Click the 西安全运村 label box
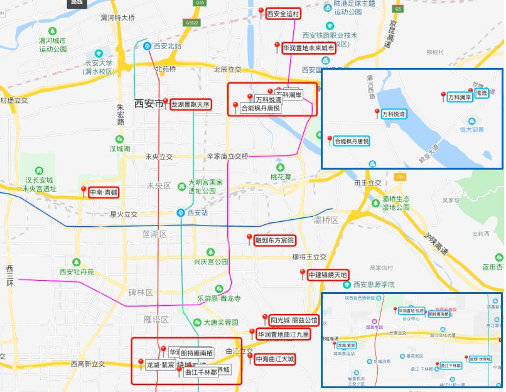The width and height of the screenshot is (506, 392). (x=284, y=13)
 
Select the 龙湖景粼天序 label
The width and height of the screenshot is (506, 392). (x=191, y=105)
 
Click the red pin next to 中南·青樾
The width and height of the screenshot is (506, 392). (x=83, y=190)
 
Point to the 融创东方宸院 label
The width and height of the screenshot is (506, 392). (x=274, y=240)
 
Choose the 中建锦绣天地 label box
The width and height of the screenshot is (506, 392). (x=327, y=275)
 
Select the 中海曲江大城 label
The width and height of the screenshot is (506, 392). (x=274, y=360)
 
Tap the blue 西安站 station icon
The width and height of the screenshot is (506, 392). (x=181, y=212)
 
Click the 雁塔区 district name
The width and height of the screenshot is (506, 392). (x=156, y=320)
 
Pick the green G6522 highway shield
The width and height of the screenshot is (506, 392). (x=192, y=23)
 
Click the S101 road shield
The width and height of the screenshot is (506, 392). (x=401, y=178)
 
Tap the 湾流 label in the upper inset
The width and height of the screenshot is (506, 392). (x=482, y=93)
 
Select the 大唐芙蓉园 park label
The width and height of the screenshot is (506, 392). (x=221, y=322)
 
